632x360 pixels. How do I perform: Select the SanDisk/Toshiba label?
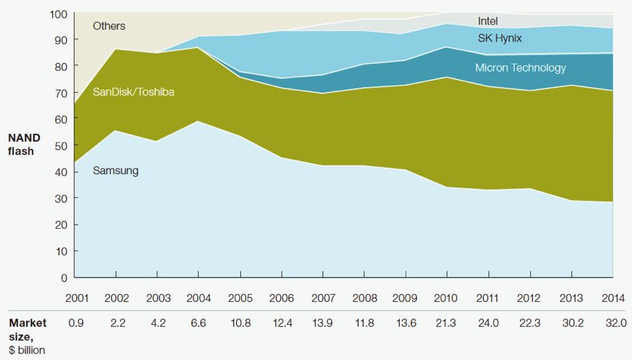pos(133,91)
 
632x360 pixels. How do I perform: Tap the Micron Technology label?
pos(520,68)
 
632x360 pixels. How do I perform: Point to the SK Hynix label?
pos(499,38)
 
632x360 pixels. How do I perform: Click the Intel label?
pos(487,22)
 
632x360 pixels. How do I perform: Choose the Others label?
pos(109,26)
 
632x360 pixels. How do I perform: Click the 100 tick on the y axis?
pos(59,14)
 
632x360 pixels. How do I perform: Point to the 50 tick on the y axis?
pos(62,145)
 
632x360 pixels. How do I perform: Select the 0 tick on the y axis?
pos(65,277)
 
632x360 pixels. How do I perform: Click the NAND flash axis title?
pos(21,145)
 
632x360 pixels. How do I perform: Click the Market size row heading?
pos(27,329)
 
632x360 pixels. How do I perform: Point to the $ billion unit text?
pos(27,349)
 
